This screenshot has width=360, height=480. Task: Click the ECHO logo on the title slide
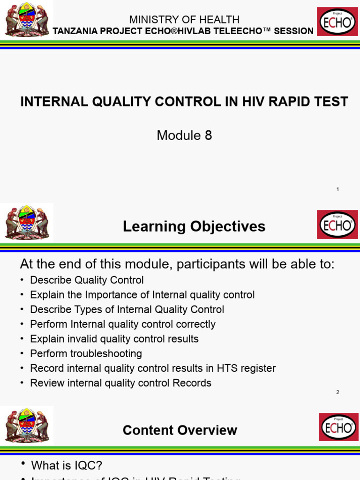337,22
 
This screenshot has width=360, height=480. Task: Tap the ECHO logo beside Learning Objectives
337,225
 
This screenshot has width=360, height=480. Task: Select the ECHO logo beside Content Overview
338,427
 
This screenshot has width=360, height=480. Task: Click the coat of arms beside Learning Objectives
27,222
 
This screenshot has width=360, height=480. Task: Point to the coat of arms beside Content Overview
27,425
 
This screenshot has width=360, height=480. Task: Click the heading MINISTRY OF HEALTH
184,20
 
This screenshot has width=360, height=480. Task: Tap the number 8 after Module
208,135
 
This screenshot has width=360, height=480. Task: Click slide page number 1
337,189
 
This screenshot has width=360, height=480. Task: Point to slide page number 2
337,392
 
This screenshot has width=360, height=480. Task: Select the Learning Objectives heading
194,227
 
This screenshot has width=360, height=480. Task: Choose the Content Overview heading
180,430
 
